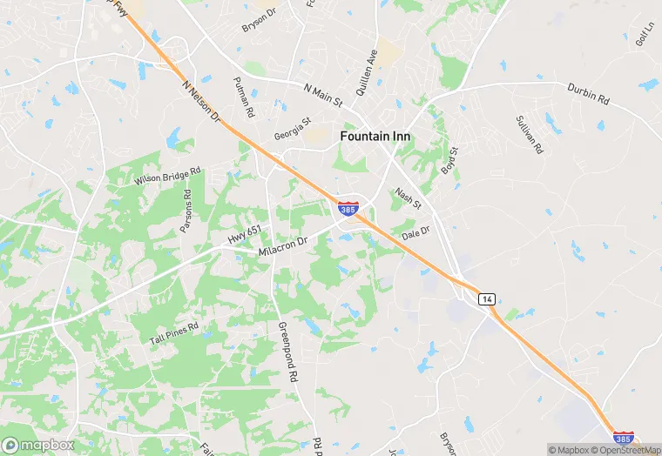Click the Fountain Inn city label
(375, 137)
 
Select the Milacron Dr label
(283, 245)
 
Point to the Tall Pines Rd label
(174, 332)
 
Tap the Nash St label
(408, 199)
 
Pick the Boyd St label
(449, 160)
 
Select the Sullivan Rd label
(529, 134)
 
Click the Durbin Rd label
(588, 94)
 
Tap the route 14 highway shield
(486, 298)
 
